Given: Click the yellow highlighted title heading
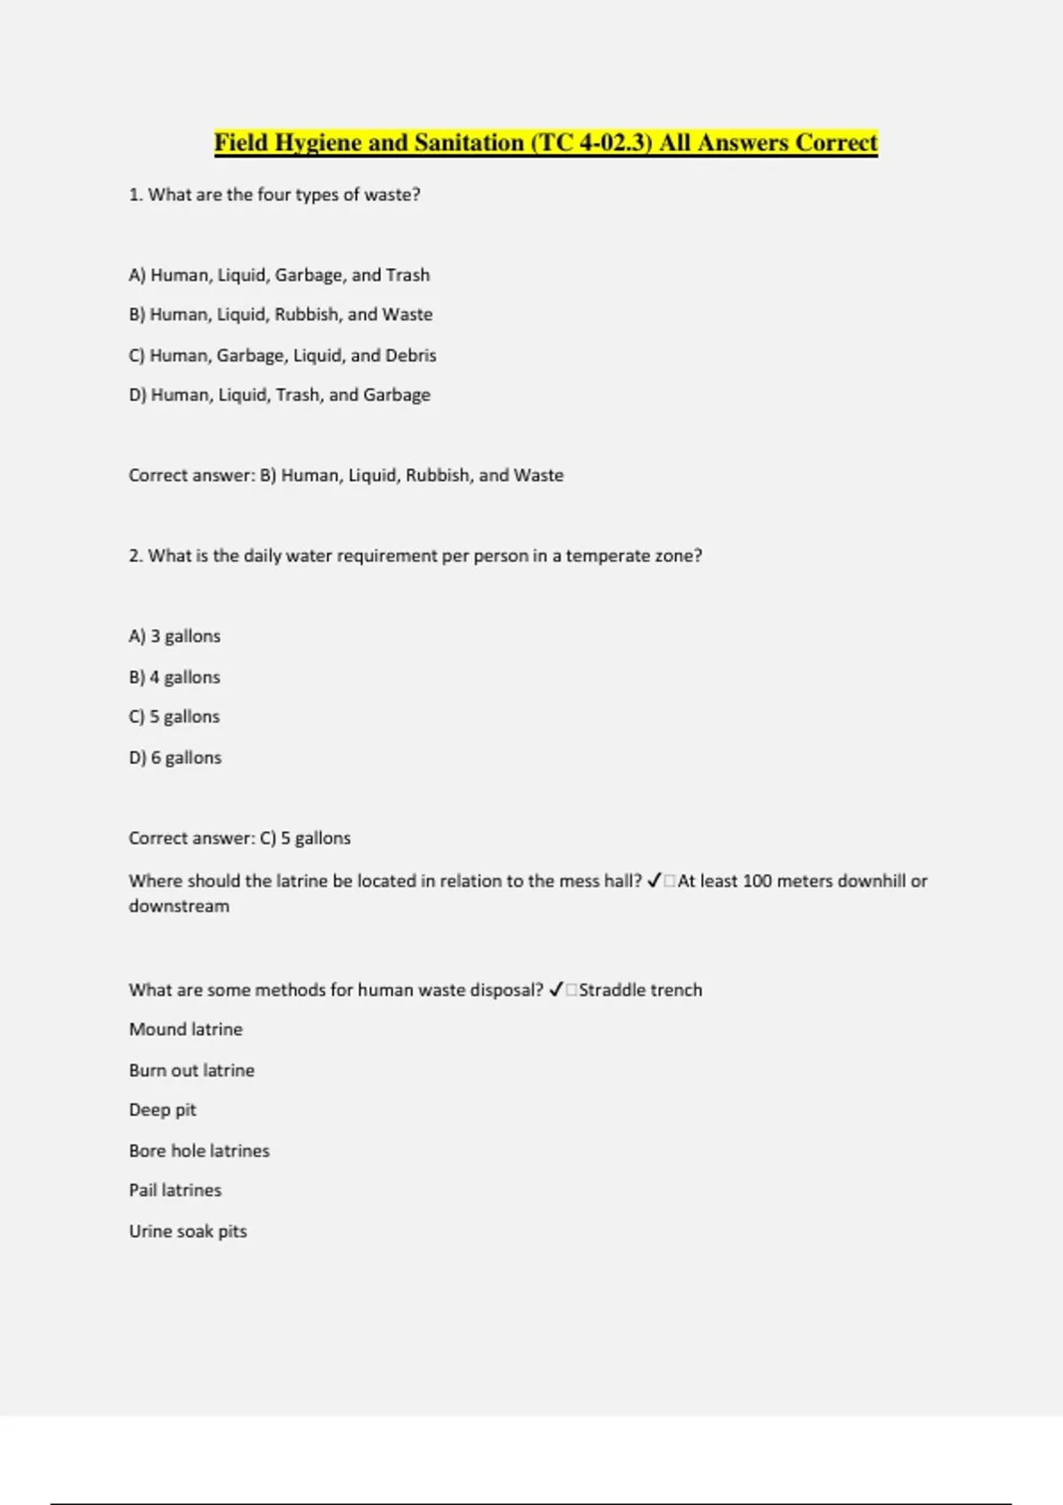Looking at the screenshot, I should pos(546,143).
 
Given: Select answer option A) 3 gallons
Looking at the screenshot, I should pos(175,636).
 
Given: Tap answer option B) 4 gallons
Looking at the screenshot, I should pos(175,676).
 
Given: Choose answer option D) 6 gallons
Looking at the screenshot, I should pos(175,757).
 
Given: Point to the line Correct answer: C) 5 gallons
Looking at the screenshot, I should pos(239,837).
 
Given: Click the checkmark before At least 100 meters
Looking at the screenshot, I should pos(655,881).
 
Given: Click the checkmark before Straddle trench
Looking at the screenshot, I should pos(556,990).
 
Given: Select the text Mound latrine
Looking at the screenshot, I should pos(186,1029).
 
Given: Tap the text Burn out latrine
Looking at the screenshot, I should pos(191,1069).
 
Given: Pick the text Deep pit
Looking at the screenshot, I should pos(163,1109).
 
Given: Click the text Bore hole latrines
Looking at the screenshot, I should pos(199,1150).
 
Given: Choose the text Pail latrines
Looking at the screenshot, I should pos(175,1190).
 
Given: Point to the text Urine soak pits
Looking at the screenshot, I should pos(188,1231).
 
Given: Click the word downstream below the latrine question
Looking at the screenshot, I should pos(179,906).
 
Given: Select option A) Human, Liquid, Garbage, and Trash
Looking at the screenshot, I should pos(279,274).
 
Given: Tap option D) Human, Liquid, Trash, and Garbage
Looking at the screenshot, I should pos(280,394).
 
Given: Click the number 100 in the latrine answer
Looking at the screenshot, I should pos(757,881).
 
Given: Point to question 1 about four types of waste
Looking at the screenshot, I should pos(275,194).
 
